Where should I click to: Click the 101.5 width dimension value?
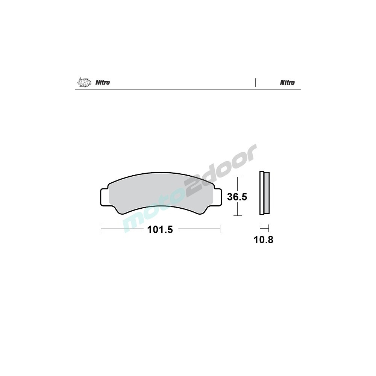(x=160, y=230)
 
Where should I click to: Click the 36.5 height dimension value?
(x=237, y=197)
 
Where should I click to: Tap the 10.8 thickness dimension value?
(x=263, y=240)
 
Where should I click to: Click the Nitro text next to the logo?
(x=103, y=82)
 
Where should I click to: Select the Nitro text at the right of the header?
(x=287, y=82)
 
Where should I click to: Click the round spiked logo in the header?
(x=84, y=82)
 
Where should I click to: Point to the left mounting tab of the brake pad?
(x=105, y=197)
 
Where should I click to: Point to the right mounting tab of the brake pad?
(x=217, y=197)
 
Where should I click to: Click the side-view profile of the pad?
(x=264, y=193)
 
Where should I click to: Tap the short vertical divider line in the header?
(x=256, y=83)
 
